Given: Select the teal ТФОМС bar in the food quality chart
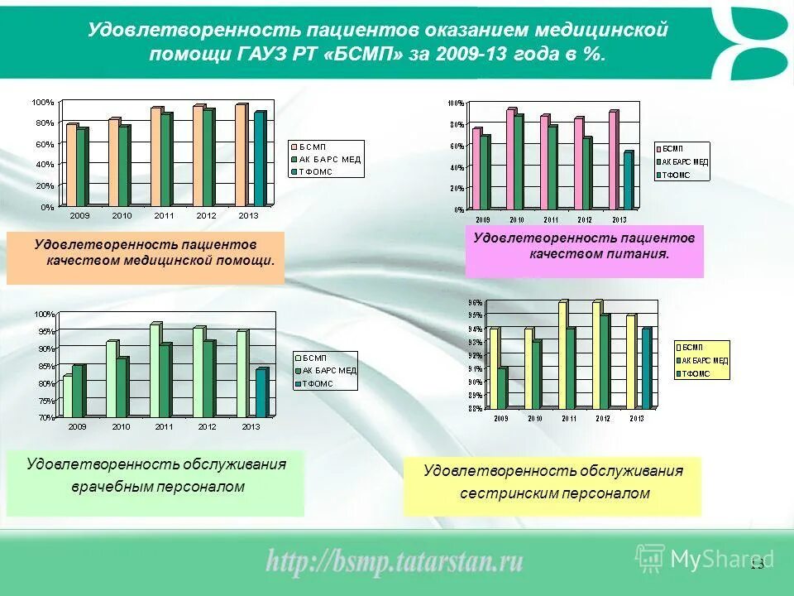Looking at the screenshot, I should pyautogui.click(x=628, y=180).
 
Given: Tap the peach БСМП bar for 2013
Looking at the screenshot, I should pyautogui.click(x=241, y=155).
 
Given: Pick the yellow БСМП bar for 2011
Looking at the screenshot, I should pyautogui.click(x=562, y=355).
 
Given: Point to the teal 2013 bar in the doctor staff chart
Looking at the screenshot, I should pyautogui.click(x=261, y=392).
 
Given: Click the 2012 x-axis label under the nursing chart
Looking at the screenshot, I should pyautogui.click(x=602, y=419).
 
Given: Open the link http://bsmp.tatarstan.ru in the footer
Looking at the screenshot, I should pyautogui.click(x=395, y=562).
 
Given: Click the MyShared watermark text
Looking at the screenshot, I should pyautogui.click(x=721, y=560).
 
